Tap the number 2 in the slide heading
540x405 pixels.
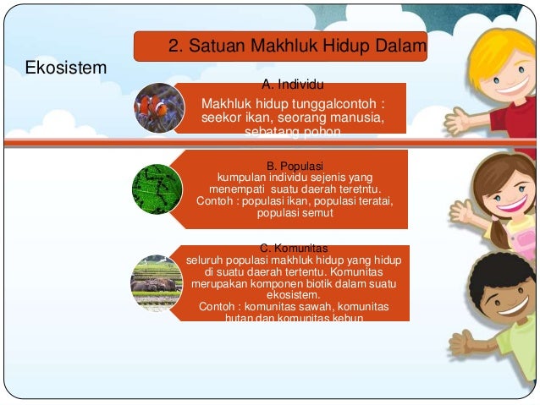[174, 47]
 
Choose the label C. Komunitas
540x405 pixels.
[295, 247]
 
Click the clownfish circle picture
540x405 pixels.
[157, 107]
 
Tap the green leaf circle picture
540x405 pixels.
[157, 189]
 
